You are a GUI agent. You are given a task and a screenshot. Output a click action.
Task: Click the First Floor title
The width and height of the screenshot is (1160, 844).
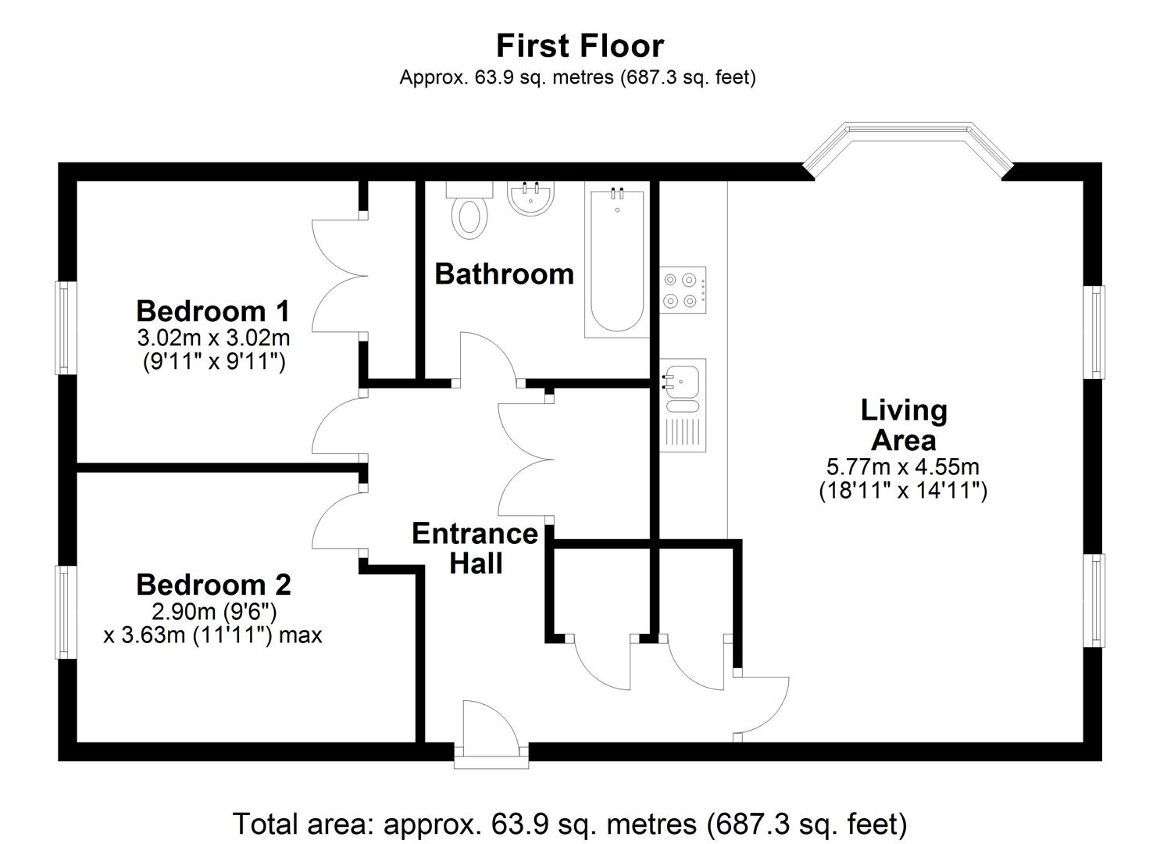[x=580, y=46]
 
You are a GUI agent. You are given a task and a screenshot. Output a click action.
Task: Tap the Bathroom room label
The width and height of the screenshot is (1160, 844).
[x=504, y=274]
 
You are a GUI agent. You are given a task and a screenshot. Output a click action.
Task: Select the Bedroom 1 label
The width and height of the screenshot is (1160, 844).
[x=212, y=311]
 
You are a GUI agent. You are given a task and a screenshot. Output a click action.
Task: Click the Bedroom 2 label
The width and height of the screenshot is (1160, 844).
[x=213, y=585]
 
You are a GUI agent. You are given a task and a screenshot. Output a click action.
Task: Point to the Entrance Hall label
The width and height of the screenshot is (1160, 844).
[x=474, y=548]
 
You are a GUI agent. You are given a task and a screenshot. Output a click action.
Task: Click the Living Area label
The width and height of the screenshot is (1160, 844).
[x=903, y=425]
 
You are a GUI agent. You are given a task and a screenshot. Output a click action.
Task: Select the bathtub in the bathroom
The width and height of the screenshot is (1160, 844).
[x=616, y=262]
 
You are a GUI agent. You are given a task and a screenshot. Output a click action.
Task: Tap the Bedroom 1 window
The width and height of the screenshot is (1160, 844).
[x=62, y=327]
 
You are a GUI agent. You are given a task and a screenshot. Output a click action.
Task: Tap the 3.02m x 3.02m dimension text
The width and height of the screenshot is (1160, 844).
[x=213, y=338]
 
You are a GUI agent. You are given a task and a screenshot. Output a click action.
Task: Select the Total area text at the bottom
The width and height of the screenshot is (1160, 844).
[x=569, y=824]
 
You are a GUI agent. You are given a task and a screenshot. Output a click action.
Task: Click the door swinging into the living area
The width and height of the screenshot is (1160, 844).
[x=762, y=703]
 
